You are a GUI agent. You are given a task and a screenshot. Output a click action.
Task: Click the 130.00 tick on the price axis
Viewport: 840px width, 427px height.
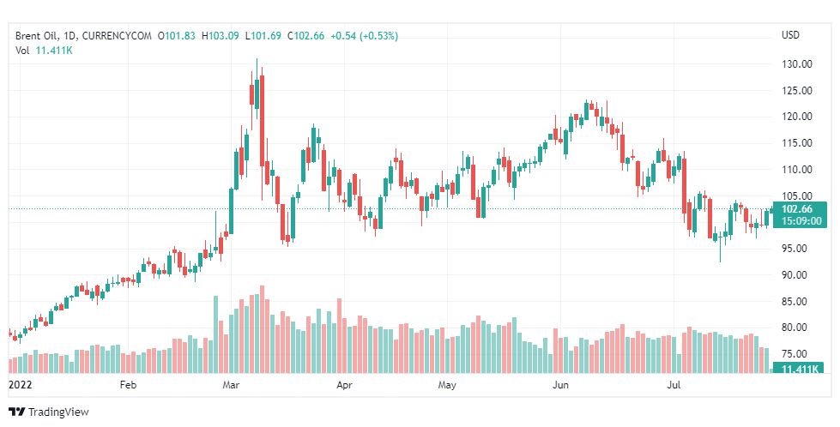coord(797,64)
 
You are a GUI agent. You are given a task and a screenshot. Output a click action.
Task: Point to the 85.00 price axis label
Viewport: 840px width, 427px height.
coord(797,302)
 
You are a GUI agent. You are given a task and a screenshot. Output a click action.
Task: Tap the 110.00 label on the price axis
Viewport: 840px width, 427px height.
coord(797,170)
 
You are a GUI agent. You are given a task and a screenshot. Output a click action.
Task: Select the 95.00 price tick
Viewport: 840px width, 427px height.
coord(797,249)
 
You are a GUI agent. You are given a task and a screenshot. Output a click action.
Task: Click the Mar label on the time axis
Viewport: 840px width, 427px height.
coord(232,386)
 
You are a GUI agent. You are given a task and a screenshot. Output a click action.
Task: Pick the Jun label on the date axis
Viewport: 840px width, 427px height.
coord(560,386)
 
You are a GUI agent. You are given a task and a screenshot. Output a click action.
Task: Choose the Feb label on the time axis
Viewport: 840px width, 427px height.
coord(128,386)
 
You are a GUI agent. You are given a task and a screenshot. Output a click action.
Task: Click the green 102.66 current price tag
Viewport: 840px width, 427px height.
coord(797,208)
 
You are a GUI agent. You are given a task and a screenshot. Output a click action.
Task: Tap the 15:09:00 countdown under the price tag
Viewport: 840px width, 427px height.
coord(797,220)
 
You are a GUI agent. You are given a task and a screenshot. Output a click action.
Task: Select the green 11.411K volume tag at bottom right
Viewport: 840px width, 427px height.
coord(797,369)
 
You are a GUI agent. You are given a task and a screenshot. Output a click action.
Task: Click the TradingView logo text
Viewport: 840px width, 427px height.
coord(58,412)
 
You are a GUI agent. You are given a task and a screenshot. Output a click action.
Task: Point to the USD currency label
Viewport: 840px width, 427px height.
coord(790,35)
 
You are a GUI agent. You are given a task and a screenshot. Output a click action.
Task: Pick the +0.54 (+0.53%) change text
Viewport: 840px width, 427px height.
coord(365,35)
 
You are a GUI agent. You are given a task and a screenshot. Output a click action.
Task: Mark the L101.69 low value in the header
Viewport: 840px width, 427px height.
coord(266,35)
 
